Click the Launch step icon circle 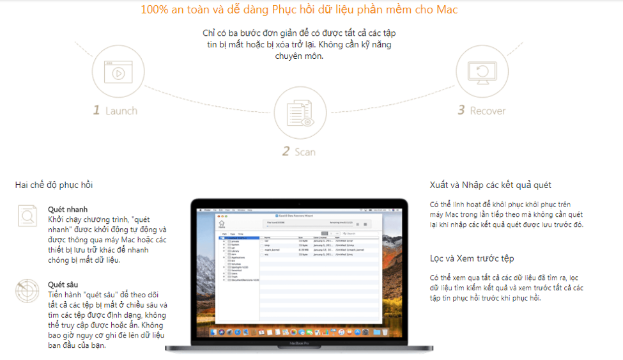(118, 72)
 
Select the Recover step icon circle (481, 72)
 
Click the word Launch (121, 111)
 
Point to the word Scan (305, 152)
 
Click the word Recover (488, 111)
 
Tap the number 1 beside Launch (96, 111)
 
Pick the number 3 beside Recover (461, 111)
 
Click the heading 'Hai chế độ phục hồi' (54, 185)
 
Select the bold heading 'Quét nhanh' (68, 209)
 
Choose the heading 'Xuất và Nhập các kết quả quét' (490, 185)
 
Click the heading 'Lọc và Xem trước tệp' (472, 258)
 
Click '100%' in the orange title (153, 10)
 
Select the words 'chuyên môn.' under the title (299, 56)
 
